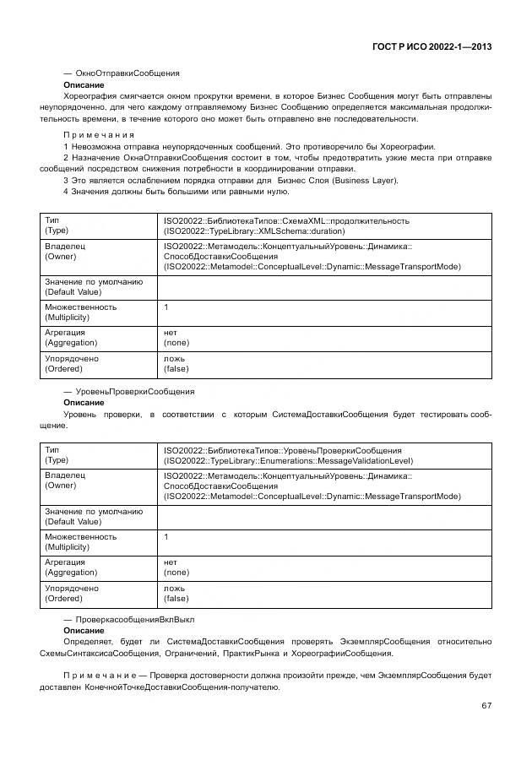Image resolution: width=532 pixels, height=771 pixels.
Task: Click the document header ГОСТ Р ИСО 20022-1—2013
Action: pos(432,46)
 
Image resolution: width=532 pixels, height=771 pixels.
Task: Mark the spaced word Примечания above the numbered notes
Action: pos(99,135)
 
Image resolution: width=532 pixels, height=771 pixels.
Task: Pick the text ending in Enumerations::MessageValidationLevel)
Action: pos(288,461)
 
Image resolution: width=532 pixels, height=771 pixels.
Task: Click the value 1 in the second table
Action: pos(166,537)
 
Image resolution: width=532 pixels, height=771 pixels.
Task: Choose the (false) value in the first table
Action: pos(176,369)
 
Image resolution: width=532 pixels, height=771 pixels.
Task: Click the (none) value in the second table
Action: pos(176,573)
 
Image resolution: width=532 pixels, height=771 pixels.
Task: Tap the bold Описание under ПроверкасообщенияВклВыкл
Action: pos(84,631)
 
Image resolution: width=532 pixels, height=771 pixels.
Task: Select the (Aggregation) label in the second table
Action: pos(71,573)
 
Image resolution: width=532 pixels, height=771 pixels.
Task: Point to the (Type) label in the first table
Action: pos(57,231)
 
